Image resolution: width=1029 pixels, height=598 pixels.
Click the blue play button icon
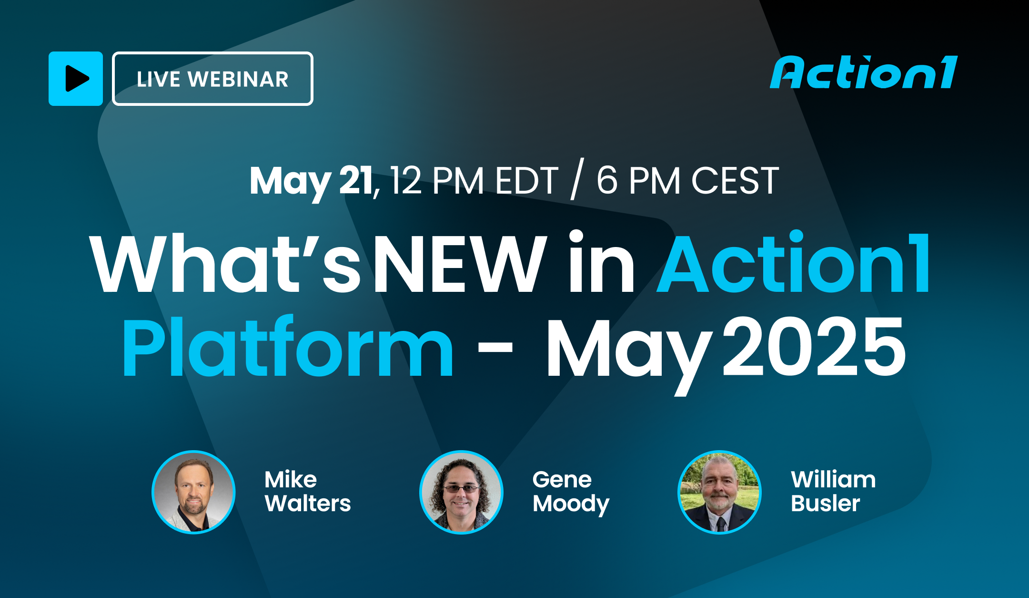pos(76,79)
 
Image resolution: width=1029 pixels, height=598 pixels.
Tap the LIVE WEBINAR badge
pos(212,79)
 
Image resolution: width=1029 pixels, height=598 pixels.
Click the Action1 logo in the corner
pos(864,73)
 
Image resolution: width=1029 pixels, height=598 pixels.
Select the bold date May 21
pos(311,181)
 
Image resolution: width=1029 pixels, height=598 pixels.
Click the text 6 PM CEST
pos(687,181)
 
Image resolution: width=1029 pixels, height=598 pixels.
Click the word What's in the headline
pos(225,264)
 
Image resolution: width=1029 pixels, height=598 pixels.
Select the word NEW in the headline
pos(460,264)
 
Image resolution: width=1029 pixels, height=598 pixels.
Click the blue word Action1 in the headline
pos(794,264)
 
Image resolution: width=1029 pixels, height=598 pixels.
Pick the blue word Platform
pos(288,347)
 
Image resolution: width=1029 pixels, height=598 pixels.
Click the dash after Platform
pos(495,347)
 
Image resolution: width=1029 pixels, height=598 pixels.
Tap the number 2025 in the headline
pos(814,347)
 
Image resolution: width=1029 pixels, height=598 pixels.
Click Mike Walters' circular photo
pos(193,492)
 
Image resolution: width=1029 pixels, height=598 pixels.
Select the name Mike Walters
pos(307,492)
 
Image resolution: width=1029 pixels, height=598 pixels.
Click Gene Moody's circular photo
pos(461,492)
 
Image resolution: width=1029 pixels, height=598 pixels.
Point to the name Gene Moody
pos(571,492)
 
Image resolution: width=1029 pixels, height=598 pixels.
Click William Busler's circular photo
pos(719,492)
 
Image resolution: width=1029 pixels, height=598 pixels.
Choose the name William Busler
pos(833,492)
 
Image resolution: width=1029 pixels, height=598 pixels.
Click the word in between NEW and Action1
pos(602,264)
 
